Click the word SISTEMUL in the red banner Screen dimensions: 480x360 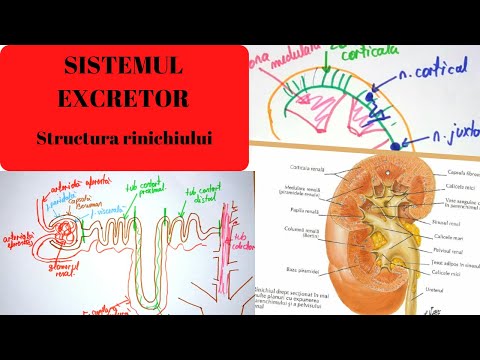point(123,69)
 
